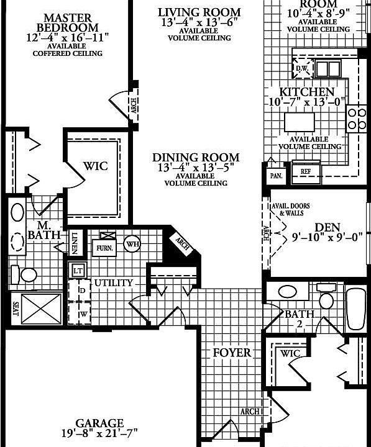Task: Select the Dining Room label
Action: pos(196,158)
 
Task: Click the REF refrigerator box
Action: pos(306,170)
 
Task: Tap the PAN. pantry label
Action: pos(275,176)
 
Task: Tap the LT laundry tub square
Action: pos(78,270)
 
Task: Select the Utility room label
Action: pos(113,283)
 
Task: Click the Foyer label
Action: pos(232,353)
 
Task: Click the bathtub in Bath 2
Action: pos(357,309)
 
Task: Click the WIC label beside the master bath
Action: pos(95,166)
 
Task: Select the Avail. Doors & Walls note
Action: pos(291,209)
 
